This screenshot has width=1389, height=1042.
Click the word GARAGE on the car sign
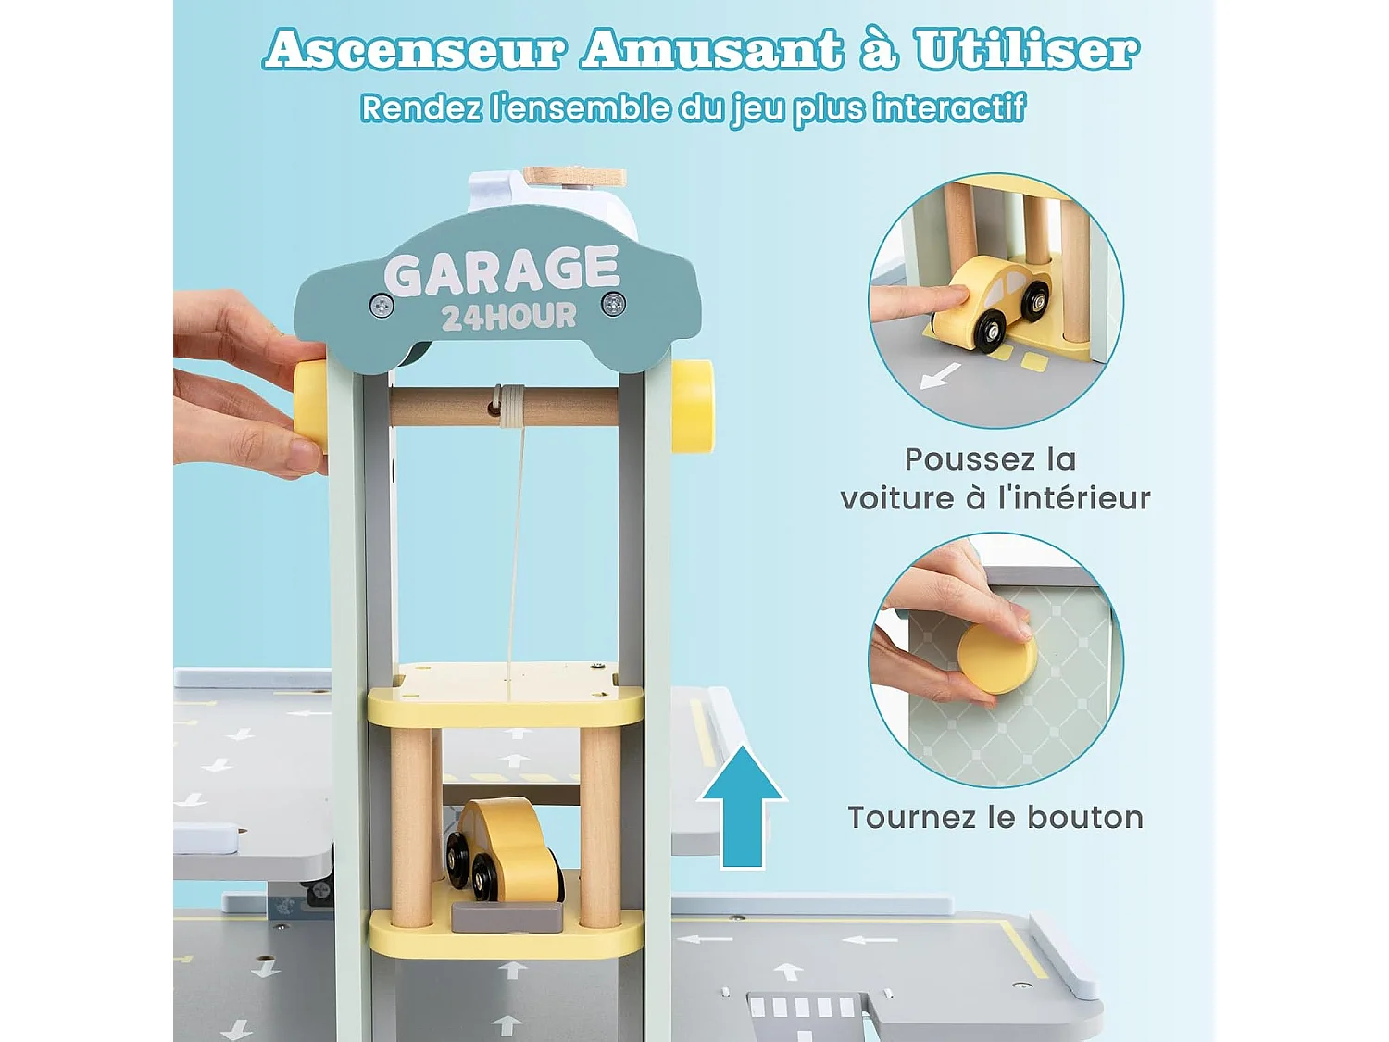tap(501, 271)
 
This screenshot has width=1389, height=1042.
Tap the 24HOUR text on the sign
tap(508, 318)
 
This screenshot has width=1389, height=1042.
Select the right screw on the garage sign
tap(613, 303)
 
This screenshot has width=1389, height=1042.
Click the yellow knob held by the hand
tap(311, 406)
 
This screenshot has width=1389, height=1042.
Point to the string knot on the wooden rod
tap(508, 405)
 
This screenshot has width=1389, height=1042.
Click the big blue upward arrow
tap(742, 806)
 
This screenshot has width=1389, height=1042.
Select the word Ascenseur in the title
tap(415, 50)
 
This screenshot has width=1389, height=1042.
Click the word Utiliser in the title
tap(1026, 50)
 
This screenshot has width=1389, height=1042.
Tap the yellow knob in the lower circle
tap(996, 658)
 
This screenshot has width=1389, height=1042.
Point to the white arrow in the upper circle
tap(941, 376)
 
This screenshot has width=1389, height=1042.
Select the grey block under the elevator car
tap(507, 917)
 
